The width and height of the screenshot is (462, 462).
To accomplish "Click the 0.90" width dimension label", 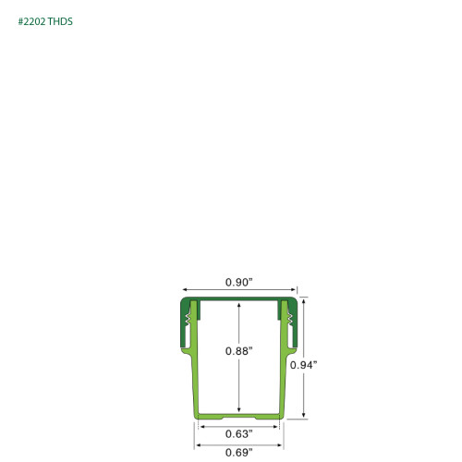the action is coord(238,282).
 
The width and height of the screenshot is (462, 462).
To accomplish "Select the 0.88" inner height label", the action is coord(238,351).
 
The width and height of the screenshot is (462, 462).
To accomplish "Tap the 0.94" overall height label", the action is coord(303,365).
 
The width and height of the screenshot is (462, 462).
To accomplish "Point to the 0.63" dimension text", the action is coord(238,434).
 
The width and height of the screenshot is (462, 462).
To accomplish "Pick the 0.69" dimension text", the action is coord(238,453).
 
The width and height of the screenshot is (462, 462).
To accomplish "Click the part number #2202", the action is coord(31,21).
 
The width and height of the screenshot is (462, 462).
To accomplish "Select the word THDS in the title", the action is coord(60,21).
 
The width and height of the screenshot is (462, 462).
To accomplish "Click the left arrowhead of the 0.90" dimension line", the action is coord(185,289).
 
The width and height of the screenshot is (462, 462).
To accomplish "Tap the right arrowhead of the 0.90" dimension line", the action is coord(293,289).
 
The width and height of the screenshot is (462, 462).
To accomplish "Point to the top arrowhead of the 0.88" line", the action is coord(239,305).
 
